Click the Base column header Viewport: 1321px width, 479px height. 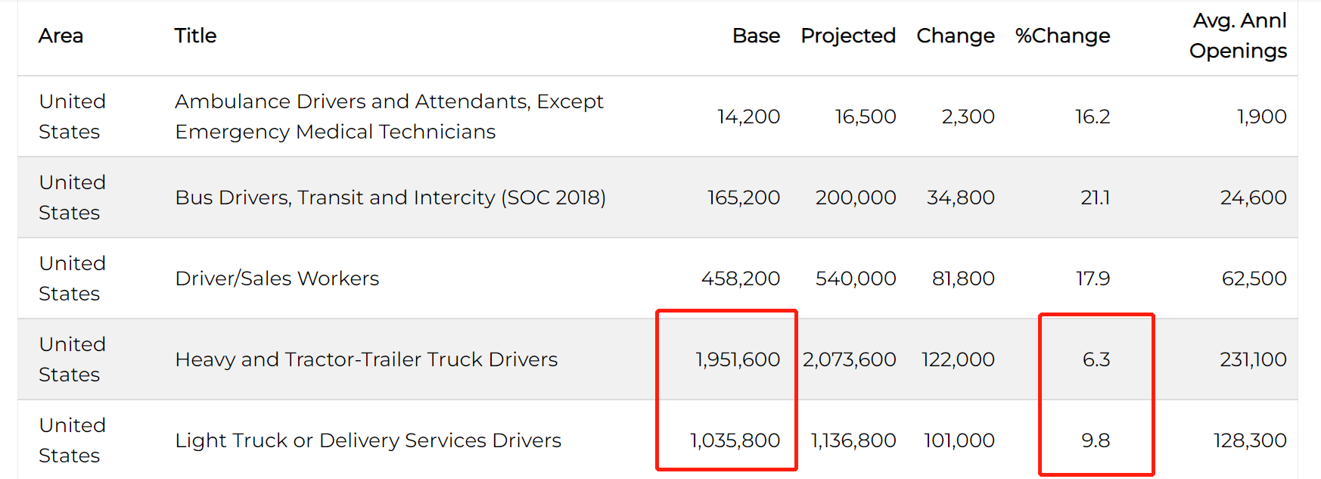coord(756,36)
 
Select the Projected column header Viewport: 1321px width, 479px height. coord(848,36)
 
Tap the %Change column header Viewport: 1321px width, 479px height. coord(1062,36)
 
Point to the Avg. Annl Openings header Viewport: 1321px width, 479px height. coord(1239,36)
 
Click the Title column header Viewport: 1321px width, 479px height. coord(195,36)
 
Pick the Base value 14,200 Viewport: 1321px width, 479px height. coord(748,117)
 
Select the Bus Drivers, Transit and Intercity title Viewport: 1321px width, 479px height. coord(390,198)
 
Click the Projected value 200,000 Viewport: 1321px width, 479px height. coord(856,198)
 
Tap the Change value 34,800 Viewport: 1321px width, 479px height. coord(960,198)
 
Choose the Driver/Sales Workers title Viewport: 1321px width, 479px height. coord(277,278)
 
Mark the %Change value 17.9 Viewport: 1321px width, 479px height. coord(1093,278)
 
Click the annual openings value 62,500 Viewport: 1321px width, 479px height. coord(1254,278)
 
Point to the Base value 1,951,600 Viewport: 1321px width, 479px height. coord(738,359)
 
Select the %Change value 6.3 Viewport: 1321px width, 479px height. coord(1096,359)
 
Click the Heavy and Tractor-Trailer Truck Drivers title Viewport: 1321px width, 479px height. coord(366,359)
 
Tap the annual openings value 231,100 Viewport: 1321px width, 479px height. coord(1253,359)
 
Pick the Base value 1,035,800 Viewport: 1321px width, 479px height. coord(735,440)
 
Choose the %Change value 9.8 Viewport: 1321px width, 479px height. coord(1096,440)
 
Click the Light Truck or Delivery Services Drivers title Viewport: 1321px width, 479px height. coord(368,440)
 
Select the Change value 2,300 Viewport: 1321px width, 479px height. coord(968,117)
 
